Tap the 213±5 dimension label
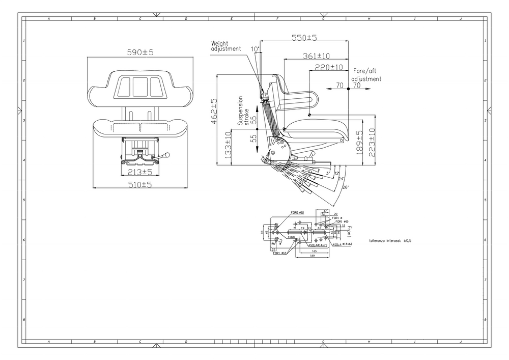[x=140, y=172]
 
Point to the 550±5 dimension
[x=304, y=38]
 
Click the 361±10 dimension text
[x=317, y=56]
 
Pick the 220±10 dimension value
[x=328, y=67]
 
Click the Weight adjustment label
[x=226, y=46]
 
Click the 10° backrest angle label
[x=255, y=49]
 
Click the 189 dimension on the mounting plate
[x=312, y=256]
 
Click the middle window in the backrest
[x=140, y=87]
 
